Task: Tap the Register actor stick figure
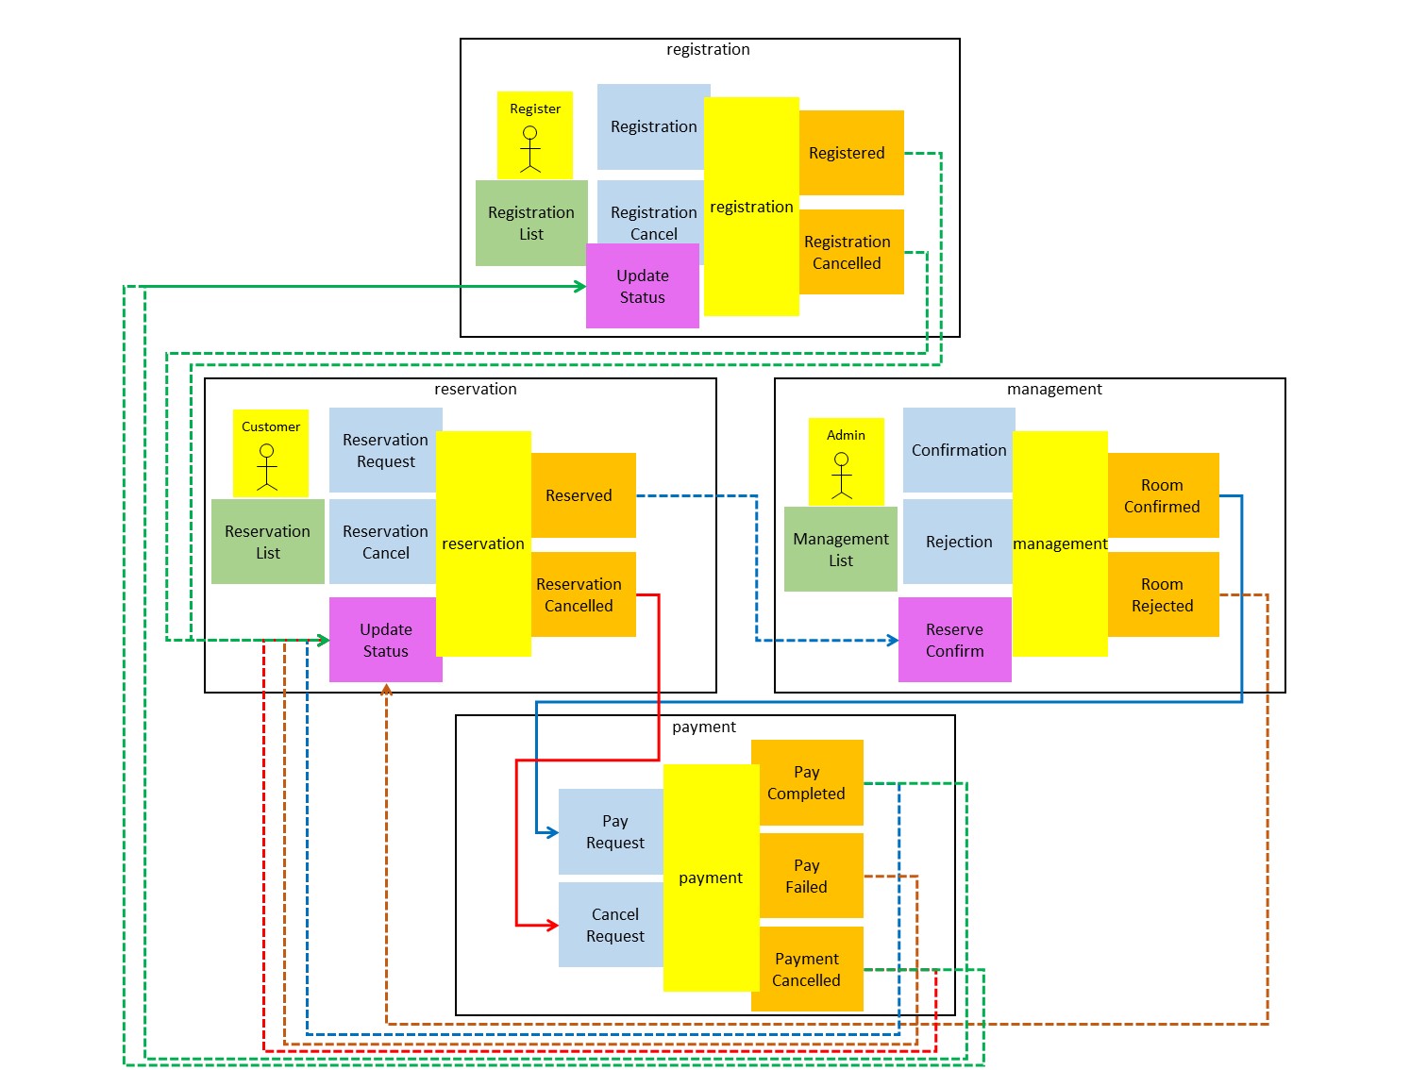coord(531,149)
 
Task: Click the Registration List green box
coord(531,223)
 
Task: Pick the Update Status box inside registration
coord(642,286)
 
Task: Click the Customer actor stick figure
coord(267,467)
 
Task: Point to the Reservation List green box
coord(267,542)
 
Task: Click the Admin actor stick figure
coord(842,476)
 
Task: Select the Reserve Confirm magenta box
coord(954,640)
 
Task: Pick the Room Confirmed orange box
coord(1163,495)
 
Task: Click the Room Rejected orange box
coord(1163,594)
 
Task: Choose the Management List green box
coord(841,549)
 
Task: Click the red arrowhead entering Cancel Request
coord(552,925)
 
